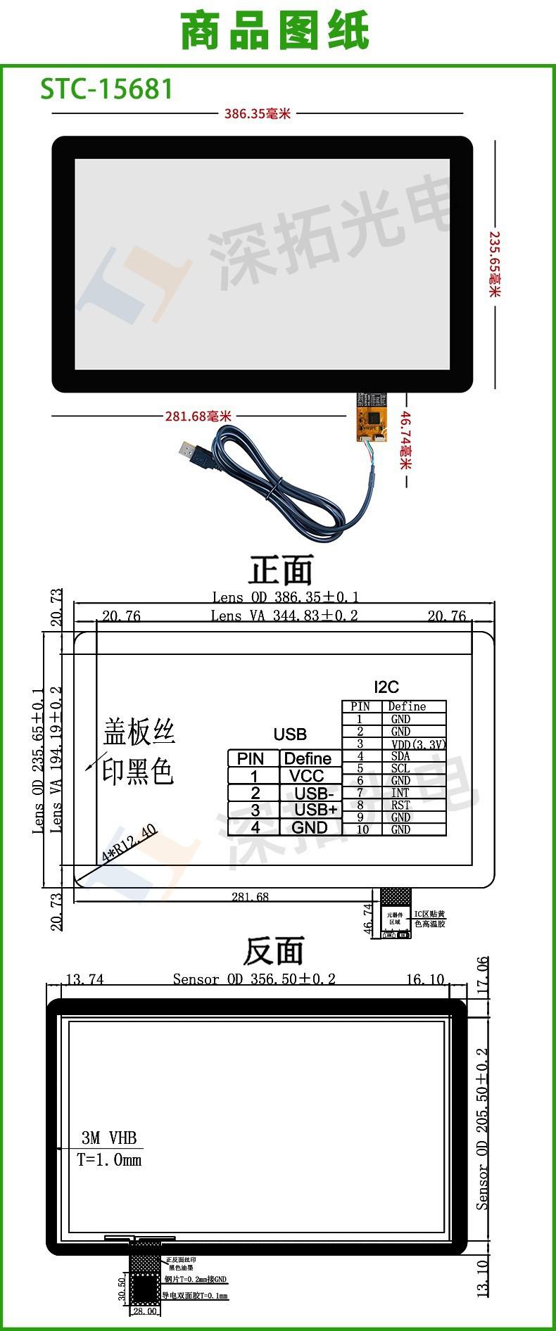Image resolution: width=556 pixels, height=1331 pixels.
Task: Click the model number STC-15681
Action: (x=106, y=89)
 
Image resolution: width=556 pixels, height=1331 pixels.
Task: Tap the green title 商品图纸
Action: (x=275, y=32)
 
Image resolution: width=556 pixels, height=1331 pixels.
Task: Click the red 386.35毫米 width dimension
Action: (x=257, y=113)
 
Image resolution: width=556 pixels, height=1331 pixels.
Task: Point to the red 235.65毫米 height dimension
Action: (x=495, y=264)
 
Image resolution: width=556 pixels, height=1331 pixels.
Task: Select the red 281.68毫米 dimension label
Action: (x=198, y=416)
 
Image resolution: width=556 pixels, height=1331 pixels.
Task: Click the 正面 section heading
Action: (x=279, y=570)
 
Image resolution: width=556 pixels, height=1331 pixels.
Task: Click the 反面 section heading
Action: (x=273, y=951)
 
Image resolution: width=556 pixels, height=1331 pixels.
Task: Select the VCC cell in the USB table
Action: (x=306, y=776)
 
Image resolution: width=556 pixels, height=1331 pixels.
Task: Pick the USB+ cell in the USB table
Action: (x=315, y=810)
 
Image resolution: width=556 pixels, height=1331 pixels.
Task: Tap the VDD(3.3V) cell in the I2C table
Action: (x=418, y=744)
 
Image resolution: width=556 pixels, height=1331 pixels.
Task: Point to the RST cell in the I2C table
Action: (x=400, y=805)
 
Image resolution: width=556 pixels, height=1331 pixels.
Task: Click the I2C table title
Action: (x=386, y=687)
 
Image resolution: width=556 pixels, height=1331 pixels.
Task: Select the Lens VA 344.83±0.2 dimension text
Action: (x=284, y=616)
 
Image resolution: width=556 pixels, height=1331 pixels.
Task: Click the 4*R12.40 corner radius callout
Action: (x=129, y=843)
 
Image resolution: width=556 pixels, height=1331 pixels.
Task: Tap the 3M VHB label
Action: (x=109, y=1138)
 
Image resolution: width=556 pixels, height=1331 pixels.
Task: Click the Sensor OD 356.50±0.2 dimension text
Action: (x=254, y=979)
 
